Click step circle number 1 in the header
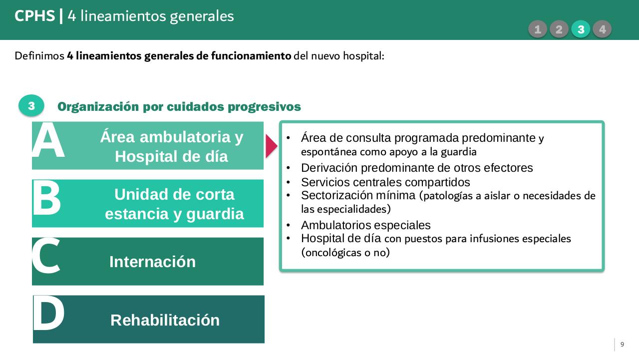(x=537, y=29)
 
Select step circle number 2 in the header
(x=559, y=29)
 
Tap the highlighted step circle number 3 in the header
(x=581, y=29)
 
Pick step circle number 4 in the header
(x=602, y=29)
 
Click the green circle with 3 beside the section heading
(x=31, y=106)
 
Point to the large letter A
(x=48, y=141)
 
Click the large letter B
(x=47, y=199)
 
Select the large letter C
(x=46, y=257)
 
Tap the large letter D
(x=48, y=315)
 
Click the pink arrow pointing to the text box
(x=271, y=146)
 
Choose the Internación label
(x=152, y=262)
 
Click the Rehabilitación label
(x=165, y=320)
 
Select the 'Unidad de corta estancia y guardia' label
(x=174, y=204)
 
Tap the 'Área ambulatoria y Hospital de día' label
(x=172, y=146)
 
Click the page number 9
(x=622, y=345)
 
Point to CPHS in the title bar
(x=34, y=16)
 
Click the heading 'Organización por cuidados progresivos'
(x=179, y=106)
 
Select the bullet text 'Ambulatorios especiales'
(x=365, y=225)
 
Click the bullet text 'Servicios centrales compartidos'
(x=385, y=182)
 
